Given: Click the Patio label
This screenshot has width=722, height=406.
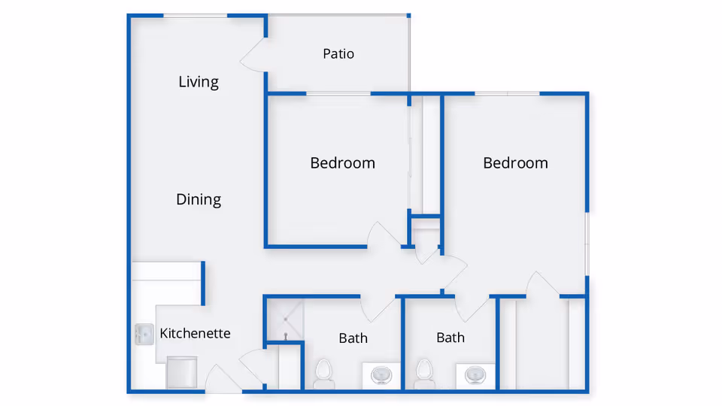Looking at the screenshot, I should click(x=338, y=54).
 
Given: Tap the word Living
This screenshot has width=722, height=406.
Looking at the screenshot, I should click(x=199, y=82).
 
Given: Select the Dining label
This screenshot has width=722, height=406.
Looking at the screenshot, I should click(x=199, y=200).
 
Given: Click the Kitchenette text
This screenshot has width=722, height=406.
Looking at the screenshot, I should click(x=195, y=333).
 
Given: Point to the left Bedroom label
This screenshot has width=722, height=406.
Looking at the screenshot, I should click(x=342, y=163).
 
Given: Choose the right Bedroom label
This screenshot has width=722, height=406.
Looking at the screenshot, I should click(x=515, y=163).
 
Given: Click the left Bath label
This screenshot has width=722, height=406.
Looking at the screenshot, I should click(x=353, y=338).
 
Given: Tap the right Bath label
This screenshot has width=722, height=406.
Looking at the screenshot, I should click(x=450, y=338).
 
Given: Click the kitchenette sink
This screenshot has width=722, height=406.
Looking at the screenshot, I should click(x=144, y=335).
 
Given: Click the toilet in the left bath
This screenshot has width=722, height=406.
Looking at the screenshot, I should click(x=324, y=372).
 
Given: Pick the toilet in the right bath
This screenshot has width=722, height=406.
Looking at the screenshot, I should click(x=424, y=372).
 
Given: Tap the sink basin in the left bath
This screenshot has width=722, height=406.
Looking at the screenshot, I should click(x=383, y=374).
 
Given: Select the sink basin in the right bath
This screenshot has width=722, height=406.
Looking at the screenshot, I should click(x=475, y=374).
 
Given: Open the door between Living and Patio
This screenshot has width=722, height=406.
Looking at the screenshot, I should click(x=252, y=54).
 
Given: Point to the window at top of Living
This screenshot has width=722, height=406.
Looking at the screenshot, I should click(x=196, y=15).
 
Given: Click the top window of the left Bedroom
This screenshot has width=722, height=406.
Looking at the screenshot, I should click(x=338, y=93).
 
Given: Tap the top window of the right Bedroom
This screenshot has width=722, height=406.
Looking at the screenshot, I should click(x=508, y=93).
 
